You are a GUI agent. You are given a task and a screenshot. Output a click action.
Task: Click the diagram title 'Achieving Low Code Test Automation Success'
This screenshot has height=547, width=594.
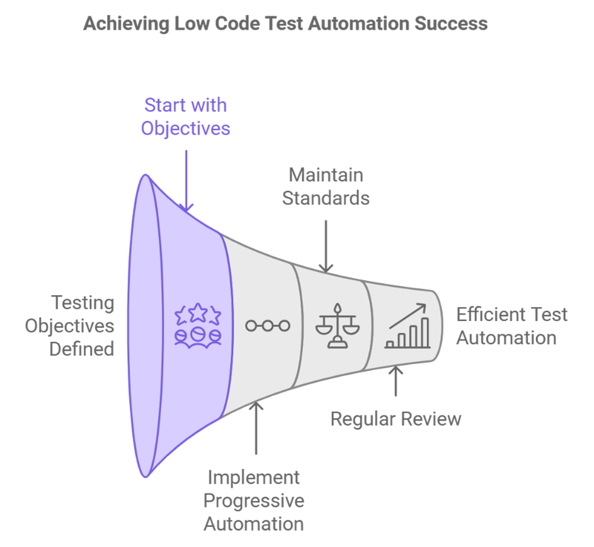pyautogui.click(x=285, y=24)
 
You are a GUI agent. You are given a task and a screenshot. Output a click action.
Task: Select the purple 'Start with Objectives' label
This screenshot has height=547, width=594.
pyautogui.click(x=186, y=116)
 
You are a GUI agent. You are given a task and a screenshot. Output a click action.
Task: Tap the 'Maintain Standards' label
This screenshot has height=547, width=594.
pyautogui.click(x=325, y=186)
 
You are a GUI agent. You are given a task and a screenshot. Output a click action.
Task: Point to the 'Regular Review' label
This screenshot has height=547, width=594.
pyautogui.click(x=396, y=419)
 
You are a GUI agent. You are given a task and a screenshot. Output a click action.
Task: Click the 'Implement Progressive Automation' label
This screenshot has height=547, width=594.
pyautogui.click(x=255, y=500)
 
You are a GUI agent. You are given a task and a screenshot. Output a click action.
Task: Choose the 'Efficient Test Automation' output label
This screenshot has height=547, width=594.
pyautogui.click(x=511, y=325)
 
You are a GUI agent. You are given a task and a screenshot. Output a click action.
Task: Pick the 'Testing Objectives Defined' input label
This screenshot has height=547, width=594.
pyautogui.click(x=69, y=325)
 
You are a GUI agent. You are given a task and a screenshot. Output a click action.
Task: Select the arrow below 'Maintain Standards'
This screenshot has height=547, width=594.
pyautogui.click(x=325, y=245)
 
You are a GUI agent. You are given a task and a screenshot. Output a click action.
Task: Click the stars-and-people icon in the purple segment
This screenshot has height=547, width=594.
pyautogui.click(x=198, y=325)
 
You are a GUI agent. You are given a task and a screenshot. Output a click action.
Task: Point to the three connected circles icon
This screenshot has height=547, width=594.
pyautogui.click(x=268, y=325)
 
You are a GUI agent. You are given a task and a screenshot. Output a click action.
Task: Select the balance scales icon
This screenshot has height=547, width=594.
pyautogui.click(x=335, y=325)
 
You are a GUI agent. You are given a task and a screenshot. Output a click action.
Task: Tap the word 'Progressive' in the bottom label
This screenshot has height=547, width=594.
pyautogui.click(x=255, y=500)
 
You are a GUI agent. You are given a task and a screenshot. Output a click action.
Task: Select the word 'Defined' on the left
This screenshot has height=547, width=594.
pyautogui.click(x=83, y=349)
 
